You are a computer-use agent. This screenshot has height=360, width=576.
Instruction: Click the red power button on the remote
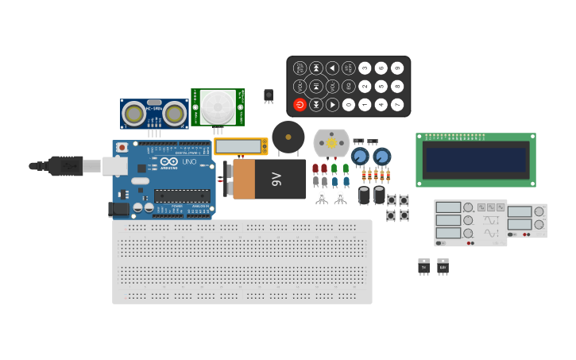[300, 105]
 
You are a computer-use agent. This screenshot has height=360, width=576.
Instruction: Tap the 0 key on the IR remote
[348, 105]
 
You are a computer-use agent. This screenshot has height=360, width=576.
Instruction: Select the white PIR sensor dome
[217, 107]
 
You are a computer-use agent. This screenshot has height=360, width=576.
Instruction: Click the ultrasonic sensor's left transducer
[134, 114]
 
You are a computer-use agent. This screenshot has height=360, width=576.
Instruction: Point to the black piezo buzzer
[288, 137]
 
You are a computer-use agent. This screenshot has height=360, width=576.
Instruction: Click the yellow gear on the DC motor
[331, 143]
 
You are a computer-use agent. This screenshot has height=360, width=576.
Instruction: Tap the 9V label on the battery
[277, 179]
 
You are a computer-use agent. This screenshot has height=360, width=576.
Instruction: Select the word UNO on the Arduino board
[190, 161]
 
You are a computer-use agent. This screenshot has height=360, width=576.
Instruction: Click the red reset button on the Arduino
[122, 147]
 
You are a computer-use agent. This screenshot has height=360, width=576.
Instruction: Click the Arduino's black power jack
[118, 209]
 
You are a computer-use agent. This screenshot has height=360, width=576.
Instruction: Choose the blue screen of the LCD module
[475, 160]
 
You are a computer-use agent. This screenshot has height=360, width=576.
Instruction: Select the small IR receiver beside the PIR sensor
[269, 95]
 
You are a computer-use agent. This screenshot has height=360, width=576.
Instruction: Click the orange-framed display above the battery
[240, 146]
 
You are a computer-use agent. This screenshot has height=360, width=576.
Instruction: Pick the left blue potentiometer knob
[360, 156]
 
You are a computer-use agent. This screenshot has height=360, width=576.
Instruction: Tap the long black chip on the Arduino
[182, 195]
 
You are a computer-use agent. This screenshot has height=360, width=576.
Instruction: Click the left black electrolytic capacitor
[364, 195]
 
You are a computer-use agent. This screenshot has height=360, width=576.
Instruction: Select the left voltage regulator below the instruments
[423, 267]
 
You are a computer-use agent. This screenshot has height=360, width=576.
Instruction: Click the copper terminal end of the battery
[243, 179]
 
